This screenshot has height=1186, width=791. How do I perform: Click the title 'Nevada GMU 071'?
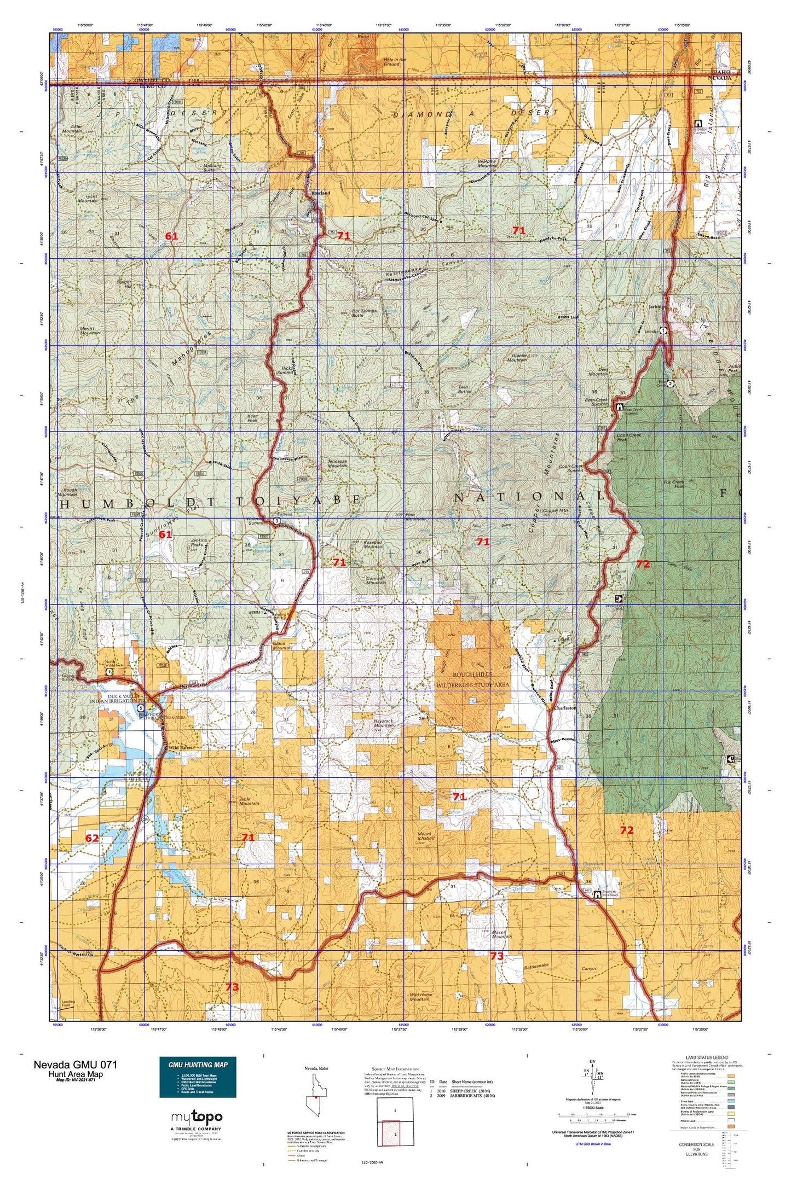click(75, 1065)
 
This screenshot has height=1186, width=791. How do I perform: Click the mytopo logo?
click(197, 1117)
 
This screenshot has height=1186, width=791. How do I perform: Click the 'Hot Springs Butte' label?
click(364, 313)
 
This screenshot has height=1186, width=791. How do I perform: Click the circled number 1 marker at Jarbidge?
click(663, 330)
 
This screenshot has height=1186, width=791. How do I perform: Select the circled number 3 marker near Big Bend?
click(277, 521)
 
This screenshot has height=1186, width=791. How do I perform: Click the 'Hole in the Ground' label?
click(394, 62)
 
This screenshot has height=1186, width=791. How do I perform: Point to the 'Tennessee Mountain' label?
click(337, 463)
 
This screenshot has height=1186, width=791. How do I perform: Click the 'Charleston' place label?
click(565, 708)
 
